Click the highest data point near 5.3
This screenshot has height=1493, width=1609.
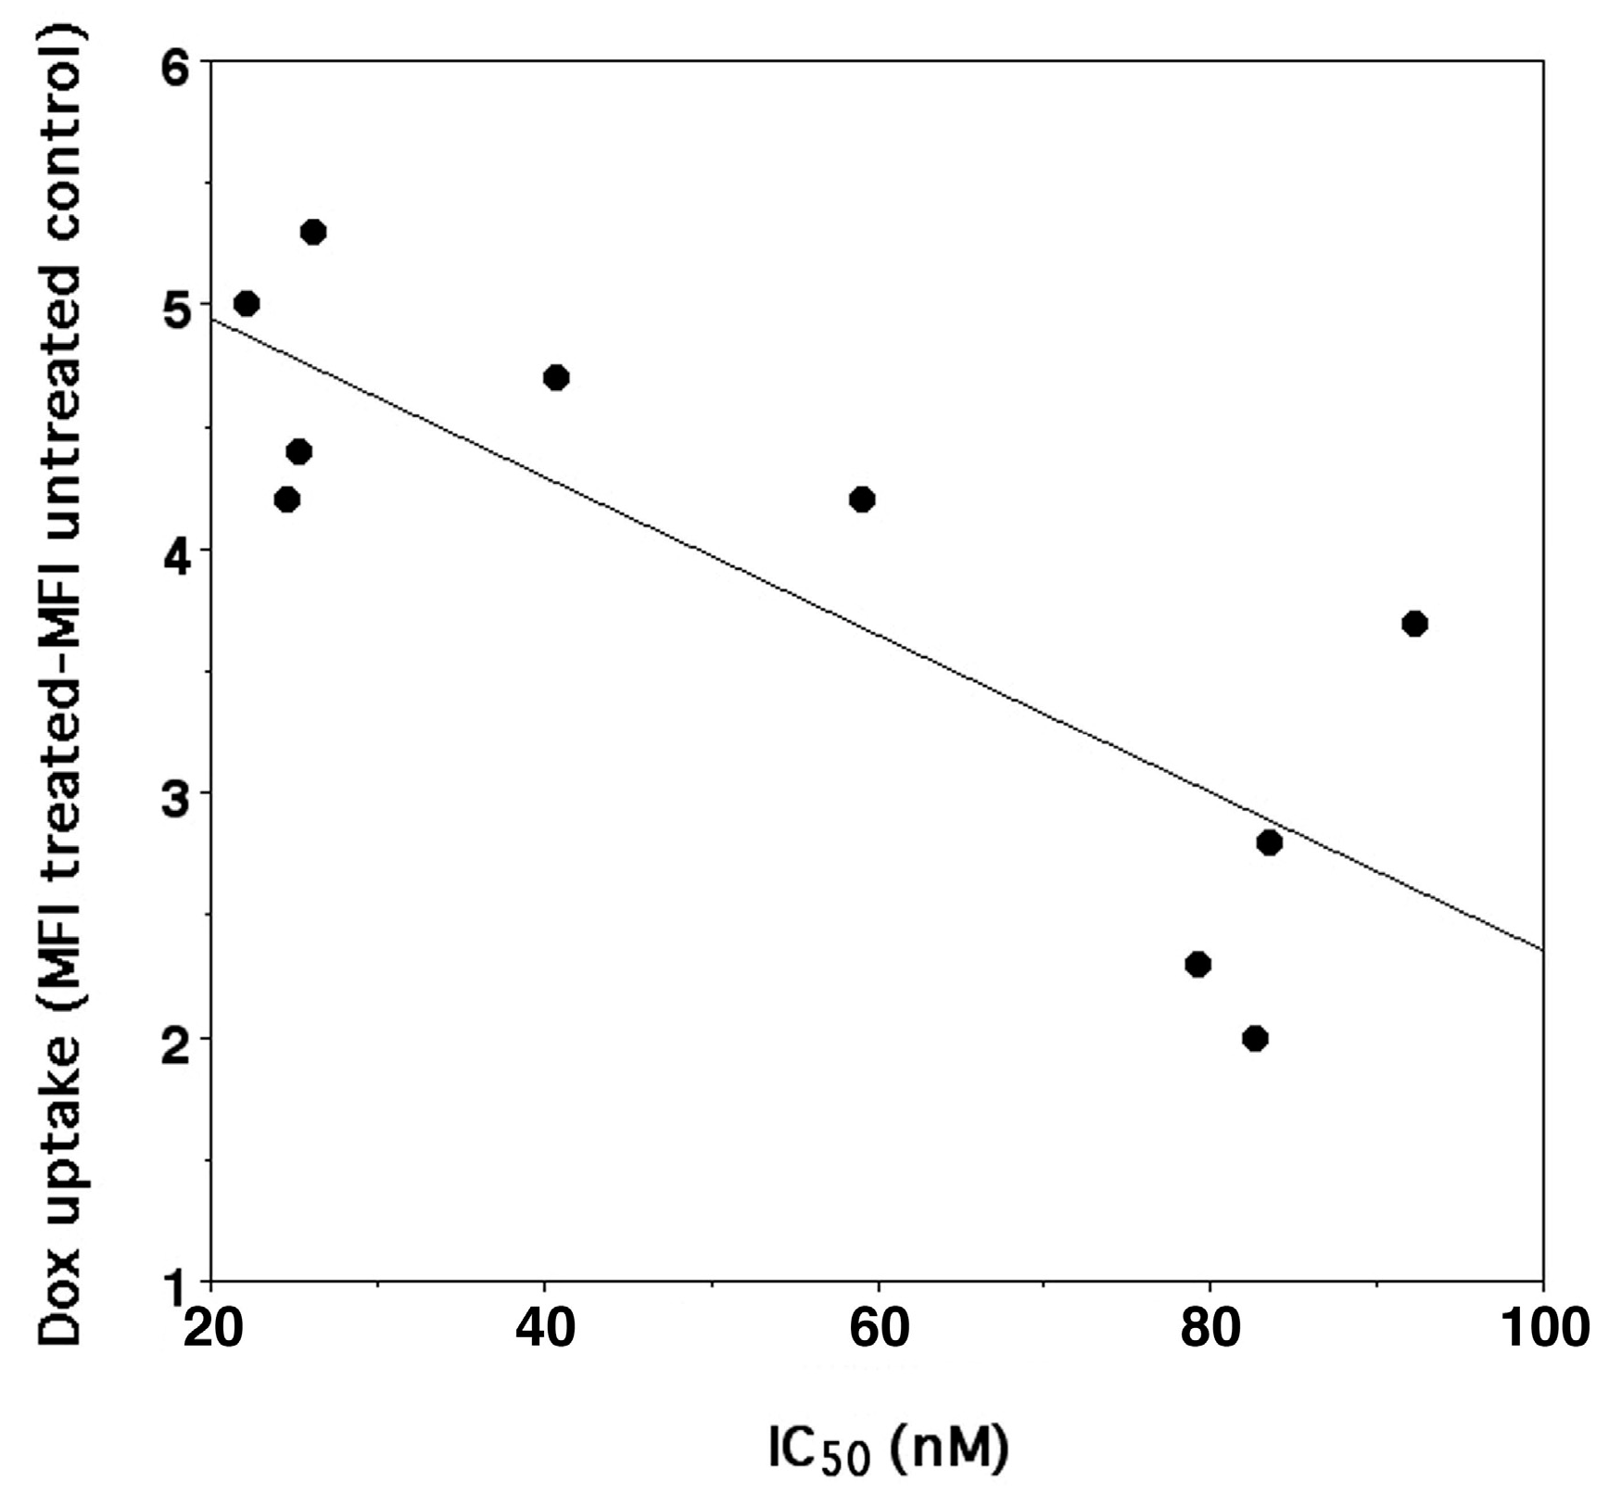coord(313,232)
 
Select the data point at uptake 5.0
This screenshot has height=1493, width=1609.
coord(247,304)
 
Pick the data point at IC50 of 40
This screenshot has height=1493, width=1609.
coord(556,378)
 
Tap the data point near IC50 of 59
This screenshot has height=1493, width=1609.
coord(862,500)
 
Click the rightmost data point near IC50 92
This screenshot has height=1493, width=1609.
coord(1414,624)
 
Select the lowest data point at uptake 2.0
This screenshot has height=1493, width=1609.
coord(1255,1038)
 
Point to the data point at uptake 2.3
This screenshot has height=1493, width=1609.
coord(1198,965)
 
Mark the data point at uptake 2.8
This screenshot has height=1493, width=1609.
coord(1270,842)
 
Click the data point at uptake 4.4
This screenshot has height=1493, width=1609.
coord(299,452)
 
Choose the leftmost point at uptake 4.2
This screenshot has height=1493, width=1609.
coord(287,500)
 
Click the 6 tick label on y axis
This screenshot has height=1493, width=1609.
coord(174,63)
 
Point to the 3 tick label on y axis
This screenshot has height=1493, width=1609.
coord(174,794)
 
